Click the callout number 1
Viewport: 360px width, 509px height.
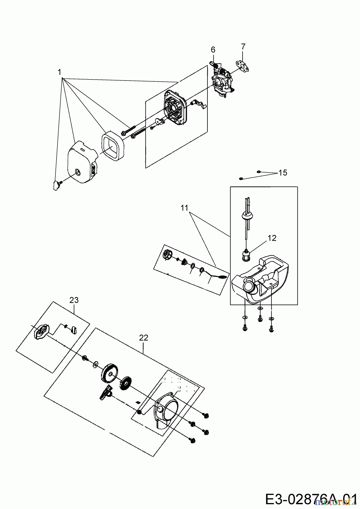click(59, 72)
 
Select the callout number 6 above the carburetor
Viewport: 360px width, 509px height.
click(213, 50)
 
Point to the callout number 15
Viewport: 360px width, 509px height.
click(283, 172)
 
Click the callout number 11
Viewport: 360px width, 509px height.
click(184, 208)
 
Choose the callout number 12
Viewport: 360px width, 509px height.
click(272, 238)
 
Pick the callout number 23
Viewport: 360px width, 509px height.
click(74, 300)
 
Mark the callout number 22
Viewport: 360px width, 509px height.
click(143, 338)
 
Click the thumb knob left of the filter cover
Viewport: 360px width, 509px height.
click(57, 186)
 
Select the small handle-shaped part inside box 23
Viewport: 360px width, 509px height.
click(74, 329)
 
